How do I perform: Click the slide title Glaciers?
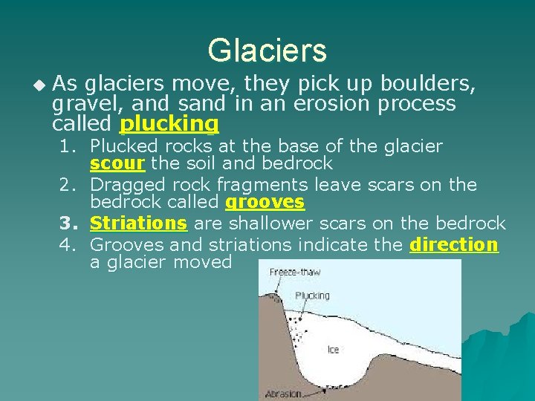tap(267, 50)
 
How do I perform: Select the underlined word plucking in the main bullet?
tap(169, 123)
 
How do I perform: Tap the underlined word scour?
tap(117, 163)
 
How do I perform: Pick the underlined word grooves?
tap(265, 202)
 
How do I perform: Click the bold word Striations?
tap(138, 223)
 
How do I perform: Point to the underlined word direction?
tap(454, 244)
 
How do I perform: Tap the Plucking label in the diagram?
tap(312, 296)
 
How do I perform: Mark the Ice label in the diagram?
tap(333, 348)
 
